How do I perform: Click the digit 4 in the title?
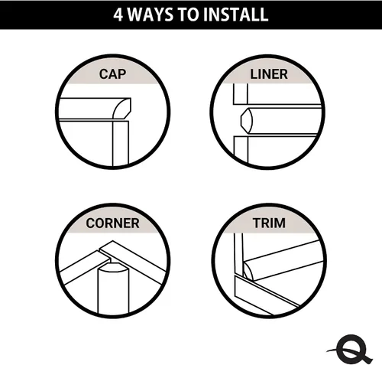pos(118,15)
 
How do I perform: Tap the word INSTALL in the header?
pos(236,15)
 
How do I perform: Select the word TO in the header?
pos(188,15)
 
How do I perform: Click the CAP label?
pos(112,74)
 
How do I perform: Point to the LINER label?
pos(269,74)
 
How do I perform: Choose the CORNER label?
pos(112,223)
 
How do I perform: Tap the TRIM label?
pos(269,223)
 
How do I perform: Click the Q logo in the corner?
pos(350,349)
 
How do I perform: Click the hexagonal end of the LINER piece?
pos(247,121)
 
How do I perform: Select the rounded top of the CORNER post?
pos(113,268)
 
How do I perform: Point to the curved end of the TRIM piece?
pos(248,271)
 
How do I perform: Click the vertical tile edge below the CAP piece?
pos(121,143)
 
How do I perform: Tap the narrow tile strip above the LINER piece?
pos(240,93)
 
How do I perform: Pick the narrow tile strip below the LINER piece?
pos(241,149)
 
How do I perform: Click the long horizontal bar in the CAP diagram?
pos(86,109)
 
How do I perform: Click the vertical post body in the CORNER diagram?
pos(113,291)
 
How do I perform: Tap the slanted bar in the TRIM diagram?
pos(283,260)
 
